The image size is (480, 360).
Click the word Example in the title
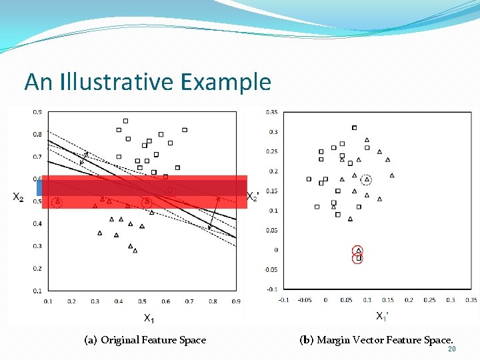point(225,82)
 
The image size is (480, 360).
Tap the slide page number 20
point(451,349)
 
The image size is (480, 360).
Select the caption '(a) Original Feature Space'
point(145,340)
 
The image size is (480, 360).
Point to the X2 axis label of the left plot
point(19,197)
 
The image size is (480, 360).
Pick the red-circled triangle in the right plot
point(358,250)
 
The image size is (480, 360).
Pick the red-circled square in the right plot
point(358,258)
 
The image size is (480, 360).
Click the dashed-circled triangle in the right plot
point(367,179)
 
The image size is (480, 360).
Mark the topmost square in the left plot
point(125,121)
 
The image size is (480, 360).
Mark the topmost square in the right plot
point(354,127)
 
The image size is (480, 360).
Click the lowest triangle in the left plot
point(135,251)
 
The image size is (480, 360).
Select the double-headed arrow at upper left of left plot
point(83,158)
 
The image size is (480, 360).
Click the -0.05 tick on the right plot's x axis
point(304,300)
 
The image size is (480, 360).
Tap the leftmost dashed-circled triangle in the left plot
point(57,201)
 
